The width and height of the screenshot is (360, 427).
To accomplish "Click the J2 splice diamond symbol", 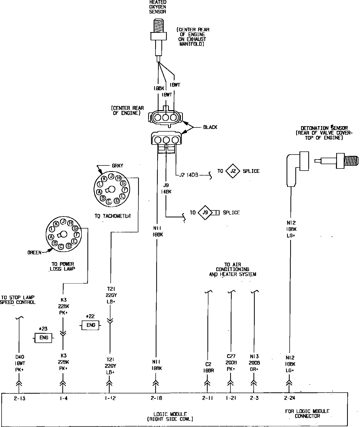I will pos(233,171).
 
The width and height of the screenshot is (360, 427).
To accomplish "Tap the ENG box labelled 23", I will pos(43,338).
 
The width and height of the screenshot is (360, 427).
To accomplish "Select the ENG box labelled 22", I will pos(91,325).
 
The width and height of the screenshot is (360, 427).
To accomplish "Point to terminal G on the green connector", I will pos(75,228).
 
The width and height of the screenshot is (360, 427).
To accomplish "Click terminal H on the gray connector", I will pos(119,178).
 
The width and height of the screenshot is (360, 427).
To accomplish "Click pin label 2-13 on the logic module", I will pos(20,398).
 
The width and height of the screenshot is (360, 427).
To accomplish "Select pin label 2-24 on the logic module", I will pos(289,398).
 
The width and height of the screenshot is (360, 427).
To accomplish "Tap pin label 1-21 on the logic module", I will pos(231,398).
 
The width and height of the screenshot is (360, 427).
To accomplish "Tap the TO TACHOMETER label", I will pos(113,216).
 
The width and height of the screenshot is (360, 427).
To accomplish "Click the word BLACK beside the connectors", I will pos(210,127).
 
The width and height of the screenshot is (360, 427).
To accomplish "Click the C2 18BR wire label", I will pos(208,367).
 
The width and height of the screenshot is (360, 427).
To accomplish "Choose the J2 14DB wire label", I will pos(189,175).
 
